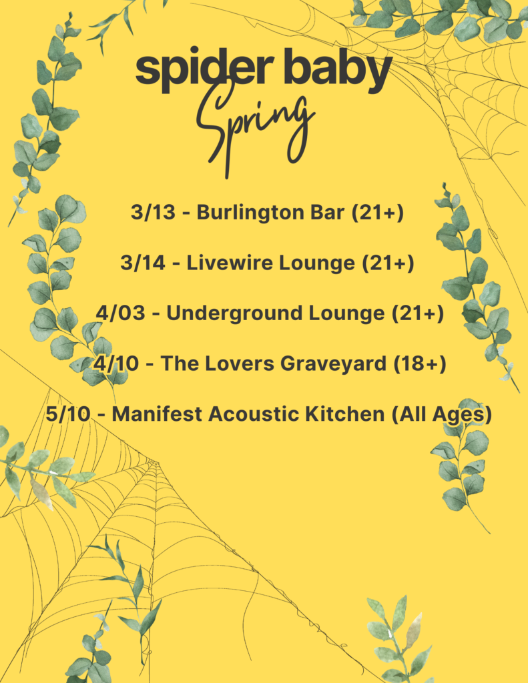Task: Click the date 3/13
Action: [153, 213]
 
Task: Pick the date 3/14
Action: [143, 263]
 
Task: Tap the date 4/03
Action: [120, 313]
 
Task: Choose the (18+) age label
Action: [419, 364]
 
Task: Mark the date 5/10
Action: [67, 414]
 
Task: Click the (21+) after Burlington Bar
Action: [378, 213]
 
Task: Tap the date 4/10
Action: [115, 364]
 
